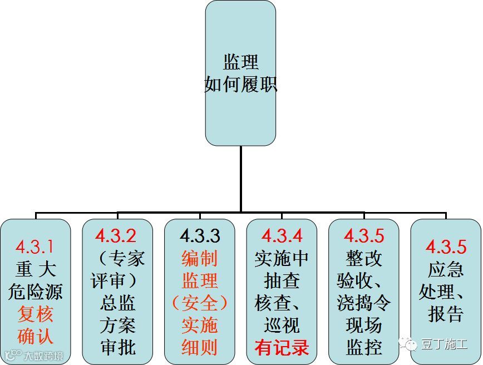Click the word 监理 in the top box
240,62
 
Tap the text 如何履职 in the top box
240,85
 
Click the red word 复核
34,314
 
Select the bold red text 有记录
282,348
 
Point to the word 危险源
34,292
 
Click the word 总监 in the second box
117,303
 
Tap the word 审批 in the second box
117,348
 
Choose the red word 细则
199,348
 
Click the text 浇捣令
364,303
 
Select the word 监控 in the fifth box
364,348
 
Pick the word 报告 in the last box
446,314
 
